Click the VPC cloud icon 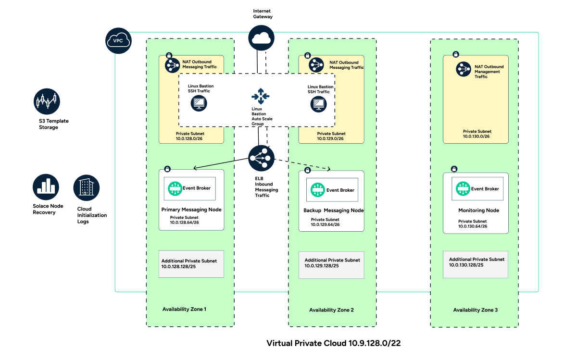pyautogui.click(x=117, y=41)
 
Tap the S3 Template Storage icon pyautogui.click(x=47, y=101)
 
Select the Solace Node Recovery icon pyautogui.click(x=46, y=187)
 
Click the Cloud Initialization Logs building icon pyautogui.click(x=87, y=188)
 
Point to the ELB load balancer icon pyautogui.click(x=261, y=158)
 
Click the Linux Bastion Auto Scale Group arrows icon pyautogui.click(x=261, y=96)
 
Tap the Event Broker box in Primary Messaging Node pyautogui.click(x=189, y=188)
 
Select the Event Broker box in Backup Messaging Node pyautogui.click(x=332, y=190)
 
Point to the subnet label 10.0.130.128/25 pyautogui.click(x=466, y=265)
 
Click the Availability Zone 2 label pyautogui.click(x=331, y=310)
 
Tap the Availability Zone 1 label pyautogui.click(x=184, y=309)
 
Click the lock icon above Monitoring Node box pyautogui.click(x=454, y=169)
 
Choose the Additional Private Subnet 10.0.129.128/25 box pyautogui.click(x=331, y=264)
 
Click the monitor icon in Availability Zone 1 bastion pyautogui.click(x=199, y=103)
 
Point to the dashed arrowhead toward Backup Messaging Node pyautogui.click(x=329, y=169)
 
